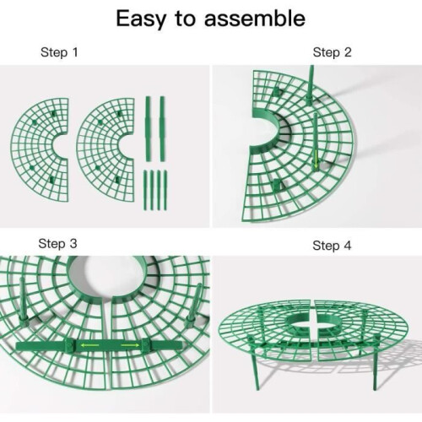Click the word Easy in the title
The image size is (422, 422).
pyautogui.click(x=141, y=19)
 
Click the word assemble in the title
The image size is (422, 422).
pyautogui.click(x=255, y=19)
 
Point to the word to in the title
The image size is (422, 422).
pyautogui.click(x=185, y=19)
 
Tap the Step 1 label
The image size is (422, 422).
pyautogui.click(x=59, y=52)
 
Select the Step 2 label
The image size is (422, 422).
pyautogui.click(x=332, y=52)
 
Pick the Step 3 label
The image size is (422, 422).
pyautogui.click(x=57, y=244)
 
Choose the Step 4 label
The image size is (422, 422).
pyautogui.click(x=332, y=246)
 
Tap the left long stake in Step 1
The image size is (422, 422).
pyautogui.click(x=148, y=129)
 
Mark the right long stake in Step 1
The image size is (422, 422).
pyautogui.click(x=162, y=129)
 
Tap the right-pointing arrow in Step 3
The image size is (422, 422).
pyautogui.click(x=130, y=345)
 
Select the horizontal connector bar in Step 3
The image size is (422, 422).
pyautogui.click(x=100, y=345)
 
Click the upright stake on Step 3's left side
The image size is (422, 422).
pyautogui.click(x=23, y=300)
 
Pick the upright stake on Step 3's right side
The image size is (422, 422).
pyautogui.click(x=194, y=306)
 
